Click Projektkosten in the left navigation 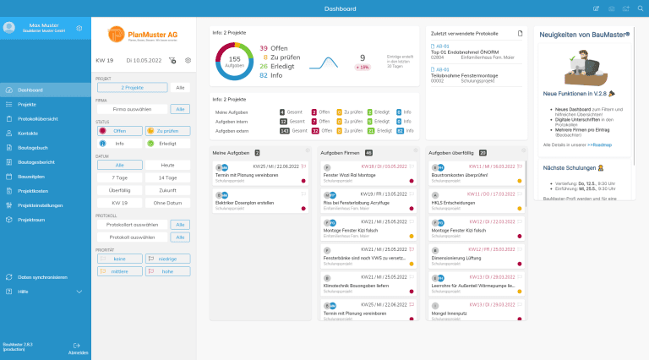click(x=33, y=191)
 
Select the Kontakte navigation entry click(x=28, y=134)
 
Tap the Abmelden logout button click(x=78, y=347)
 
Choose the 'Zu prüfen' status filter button click(x=168, y=131)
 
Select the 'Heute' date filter click(x=168, y=165)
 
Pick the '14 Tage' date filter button click(x=168, y=177)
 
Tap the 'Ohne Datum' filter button click(x=168, y=203)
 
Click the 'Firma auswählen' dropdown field click(x=132, y=109)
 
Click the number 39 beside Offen click(x=264, y=48)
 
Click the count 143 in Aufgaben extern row click(x=283, y=131)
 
